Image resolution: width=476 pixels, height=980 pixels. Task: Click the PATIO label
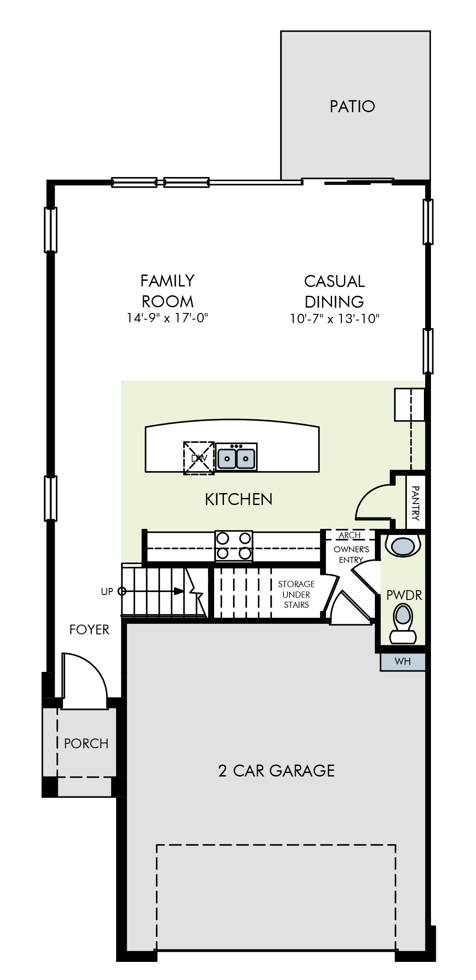[352, 106]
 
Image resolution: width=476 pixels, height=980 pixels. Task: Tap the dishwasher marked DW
[199, 458]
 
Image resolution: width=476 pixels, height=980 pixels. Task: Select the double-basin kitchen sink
[237, 457]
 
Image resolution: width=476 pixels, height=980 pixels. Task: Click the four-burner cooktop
[234, 547]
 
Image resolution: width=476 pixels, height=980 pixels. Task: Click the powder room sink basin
[403, 546]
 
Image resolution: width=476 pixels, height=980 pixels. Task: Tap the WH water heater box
[403, 661]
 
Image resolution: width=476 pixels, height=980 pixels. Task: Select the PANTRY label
[416, 503]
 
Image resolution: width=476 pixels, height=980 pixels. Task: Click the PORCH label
[86, 744]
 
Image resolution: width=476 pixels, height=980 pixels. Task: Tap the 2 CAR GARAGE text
[276, 771]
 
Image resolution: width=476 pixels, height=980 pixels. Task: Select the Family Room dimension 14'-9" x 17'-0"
[167, 318]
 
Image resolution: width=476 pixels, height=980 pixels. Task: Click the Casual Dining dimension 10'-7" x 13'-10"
[335, 319]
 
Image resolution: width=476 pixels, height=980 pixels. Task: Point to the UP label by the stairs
[107, 592]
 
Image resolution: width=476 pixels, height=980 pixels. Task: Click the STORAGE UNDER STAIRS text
[296, 595]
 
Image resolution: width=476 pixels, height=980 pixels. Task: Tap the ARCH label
[350, 535]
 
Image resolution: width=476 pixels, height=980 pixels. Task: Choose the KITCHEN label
[238, 499]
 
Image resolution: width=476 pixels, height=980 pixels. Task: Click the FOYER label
[89, 629]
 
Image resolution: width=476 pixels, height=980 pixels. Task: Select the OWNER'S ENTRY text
[351, 555]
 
